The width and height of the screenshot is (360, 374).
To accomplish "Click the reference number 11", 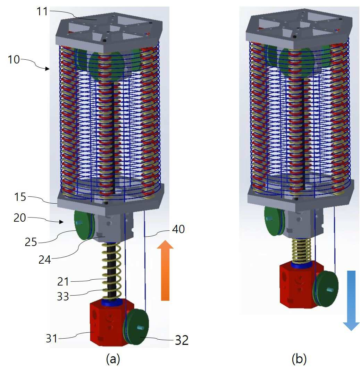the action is (x=42, y=11).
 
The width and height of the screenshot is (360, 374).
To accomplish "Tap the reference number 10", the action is (x=14, y=59).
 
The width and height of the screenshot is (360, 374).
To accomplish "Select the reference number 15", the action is (x=20, y=197).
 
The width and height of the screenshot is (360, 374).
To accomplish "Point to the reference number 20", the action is (x=19, y=218).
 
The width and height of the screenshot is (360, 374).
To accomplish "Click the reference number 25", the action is (x=31, y=242).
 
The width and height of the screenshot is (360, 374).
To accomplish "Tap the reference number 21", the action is (x=63, y=282).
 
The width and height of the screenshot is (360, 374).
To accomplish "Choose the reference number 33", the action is (x=63, y=297).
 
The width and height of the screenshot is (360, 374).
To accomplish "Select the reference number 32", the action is (x=182, y=340).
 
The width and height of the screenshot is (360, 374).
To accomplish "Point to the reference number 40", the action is (x=178, y=229).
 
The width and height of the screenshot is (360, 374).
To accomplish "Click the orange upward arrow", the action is (x=165, y=271).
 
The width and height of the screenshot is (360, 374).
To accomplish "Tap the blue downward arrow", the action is (x=351, y=300).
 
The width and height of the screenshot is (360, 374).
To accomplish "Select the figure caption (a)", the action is (x=113, y=359).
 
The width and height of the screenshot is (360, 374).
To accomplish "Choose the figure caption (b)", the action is (x=299, y=359).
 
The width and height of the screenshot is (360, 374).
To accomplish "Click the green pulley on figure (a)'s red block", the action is (x=136, y=326).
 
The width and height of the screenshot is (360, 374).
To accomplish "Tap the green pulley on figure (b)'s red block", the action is (x=326, y=289).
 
